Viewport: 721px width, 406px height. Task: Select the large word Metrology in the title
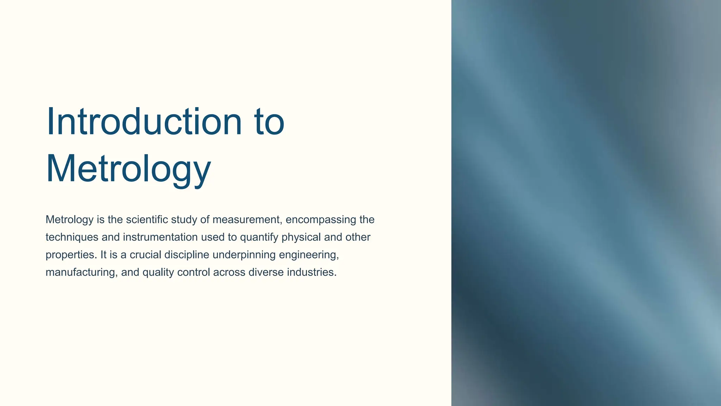(x=128, y=169)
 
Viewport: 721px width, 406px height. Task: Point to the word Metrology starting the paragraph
(x=69, y=220)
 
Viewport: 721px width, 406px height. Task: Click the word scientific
(x=147, y=220)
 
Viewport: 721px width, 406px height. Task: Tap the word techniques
(x=72, y=237)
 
